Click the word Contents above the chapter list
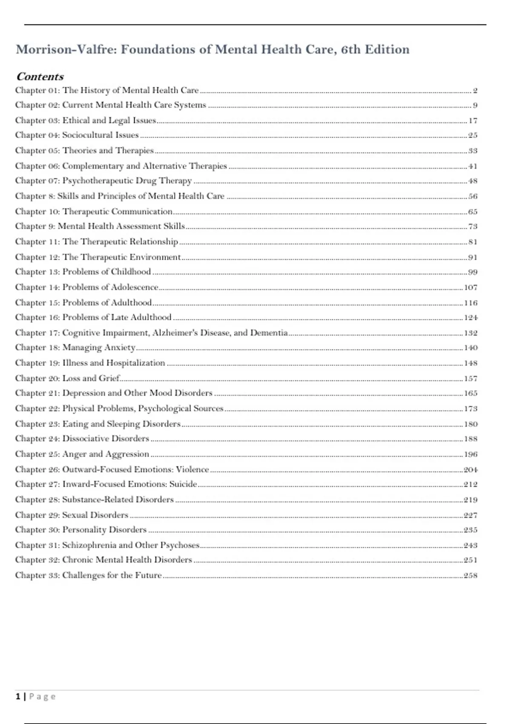coord(40,77)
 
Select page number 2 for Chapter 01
coord(475,90)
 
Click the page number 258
coord(471,575)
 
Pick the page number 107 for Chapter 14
coord(471,287)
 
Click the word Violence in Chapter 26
coord(192,469)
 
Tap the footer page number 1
coord(18,697)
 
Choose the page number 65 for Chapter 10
coord(473,212)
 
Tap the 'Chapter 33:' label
coord(37,575)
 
